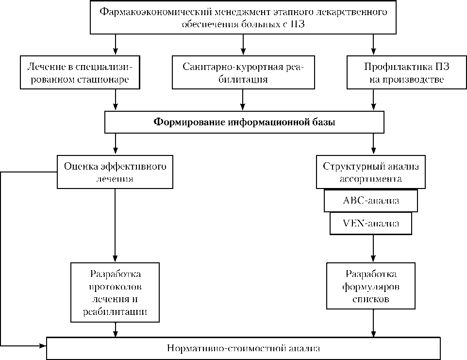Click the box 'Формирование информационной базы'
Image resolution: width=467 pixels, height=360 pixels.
(x=244, y=122)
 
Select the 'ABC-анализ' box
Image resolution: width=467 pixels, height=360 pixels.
(x=371, y=200)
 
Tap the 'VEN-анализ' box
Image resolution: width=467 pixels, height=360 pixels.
(x=371, y=223)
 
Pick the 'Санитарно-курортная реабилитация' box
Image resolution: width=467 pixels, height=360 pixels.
(x=243, y=72)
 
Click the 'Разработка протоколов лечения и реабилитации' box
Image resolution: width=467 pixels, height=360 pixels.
(x=115, y=292)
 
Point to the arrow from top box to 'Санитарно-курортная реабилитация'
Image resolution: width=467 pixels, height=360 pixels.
(x=243, y=45)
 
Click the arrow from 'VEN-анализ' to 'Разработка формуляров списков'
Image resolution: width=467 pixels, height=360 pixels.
(x=373, y=249)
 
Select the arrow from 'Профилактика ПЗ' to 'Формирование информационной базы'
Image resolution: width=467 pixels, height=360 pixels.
(x=373, y=101)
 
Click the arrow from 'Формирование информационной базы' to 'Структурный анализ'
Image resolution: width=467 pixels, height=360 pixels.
(x=373, y=144)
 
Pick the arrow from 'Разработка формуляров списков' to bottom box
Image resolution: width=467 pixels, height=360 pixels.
(x=373, y=323)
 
